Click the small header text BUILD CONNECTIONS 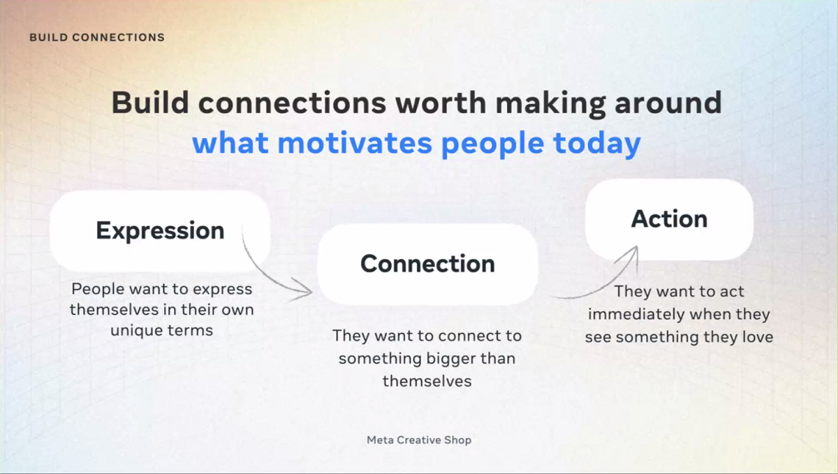click(x=97, y=38)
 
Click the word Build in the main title click(x=150, y=102)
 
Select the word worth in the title click(x=441, y=102)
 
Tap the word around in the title click(x=668, y=102)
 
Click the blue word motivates click(x=355, y=143)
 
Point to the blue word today click(x=597, y=144)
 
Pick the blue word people click(x=493, y=145)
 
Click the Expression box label click(x=160, y=230)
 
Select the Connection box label click(x=427, y=263)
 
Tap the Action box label click(x=669, y=219)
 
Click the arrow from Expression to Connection click(x=269, y=274)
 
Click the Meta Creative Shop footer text click(x=419, y=440)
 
